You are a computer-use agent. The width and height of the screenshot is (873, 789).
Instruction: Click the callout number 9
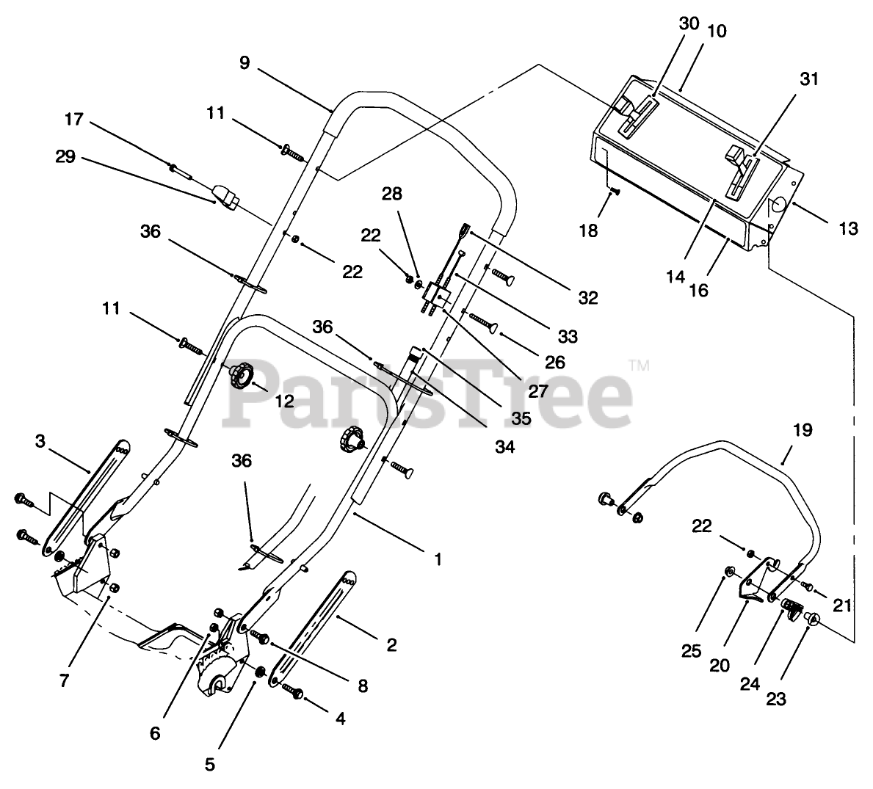[244, 63]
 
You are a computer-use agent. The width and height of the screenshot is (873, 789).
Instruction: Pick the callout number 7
[64, 680]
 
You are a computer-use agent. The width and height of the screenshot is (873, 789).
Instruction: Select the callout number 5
[210, 764]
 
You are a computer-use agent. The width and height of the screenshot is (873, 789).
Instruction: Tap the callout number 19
[803, 430]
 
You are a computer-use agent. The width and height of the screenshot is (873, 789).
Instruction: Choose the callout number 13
[848, 229]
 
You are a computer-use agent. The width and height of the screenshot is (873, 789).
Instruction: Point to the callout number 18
[588, 230]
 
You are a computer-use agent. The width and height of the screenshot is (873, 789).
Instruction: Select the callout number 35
[521, 418]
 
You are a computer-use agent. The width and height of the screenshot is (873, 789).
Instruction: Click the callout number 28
[392, 194]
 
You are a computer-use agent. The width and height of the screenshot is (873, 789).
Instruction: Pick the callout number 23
[776, 699]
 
